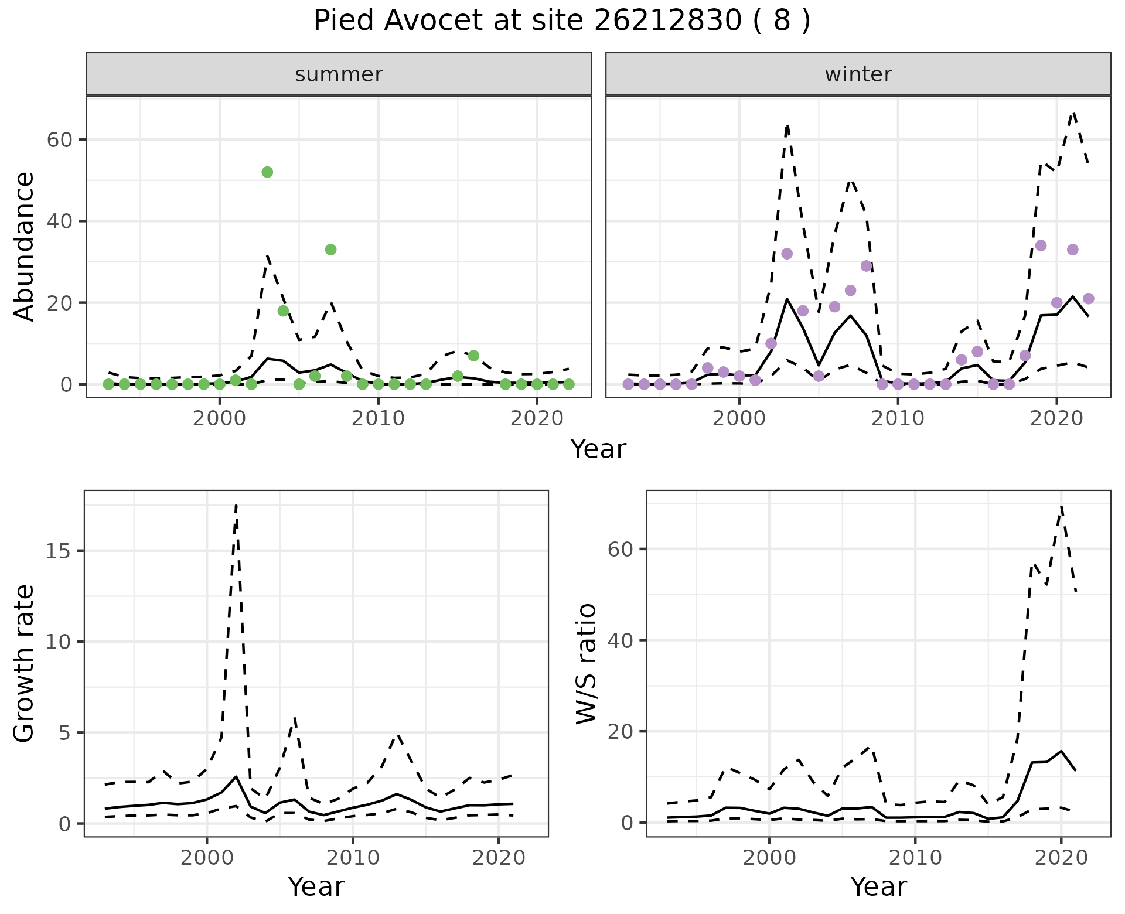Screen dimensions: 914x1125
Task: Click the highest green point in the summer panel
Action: pyautogui.click(x=267, y=172)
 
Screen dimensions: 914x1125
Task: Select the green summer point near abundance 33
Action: pyautogui.click(x=330, y=250)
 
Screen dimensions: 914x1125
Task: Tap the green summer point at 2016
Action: pyautogui.click(x=473, y=356)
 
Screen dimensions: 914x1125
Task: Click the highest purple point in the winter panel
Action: pyautogui.click(x=1041, y=245)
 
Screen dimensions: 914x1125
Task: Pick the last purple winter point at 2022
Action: pyautogui.click(x=1088, y=299)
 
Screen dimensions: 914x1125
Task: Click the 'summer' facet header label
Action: pyautogui.click(x=339, y=74)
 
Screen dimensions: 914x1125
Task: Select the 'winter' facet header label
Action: pyautogui.click(x=858, y=74)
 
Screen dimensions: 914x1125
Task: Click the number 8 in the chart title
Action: pyautogui.click(x=782, y=21)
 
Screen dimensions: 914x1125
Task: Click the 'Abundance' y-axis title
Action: pyautogui.click(x=25, y=246)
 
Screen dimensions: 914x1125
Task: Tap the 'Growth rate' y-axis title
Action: pyautogui.click(x=25, y=663)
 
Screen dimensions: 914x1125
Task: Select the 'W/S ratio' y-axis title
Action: pyautogui.click(x=586, y=663)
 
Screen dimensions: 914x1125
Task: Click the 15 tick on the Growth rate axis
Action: pyautogui.click(x=56, y=551)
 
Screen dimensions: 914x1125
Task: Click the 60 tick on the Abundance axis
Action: pyautogui.click(x=57, y=140)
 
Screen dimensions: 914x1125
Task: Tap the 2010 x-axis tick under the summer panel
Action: pyautogui.click(x=378, y=418)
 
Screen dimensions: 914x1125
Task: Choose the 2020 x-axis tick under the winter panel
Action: pyautogui.click(x=1056, y=418)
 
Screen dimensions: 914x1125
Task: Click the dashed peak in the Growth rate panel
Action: pyautogui.click(x=236, y=505)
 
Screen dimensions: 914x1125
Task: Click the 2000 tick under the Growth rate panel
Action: pyautogui.click(x=206, y=858)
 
